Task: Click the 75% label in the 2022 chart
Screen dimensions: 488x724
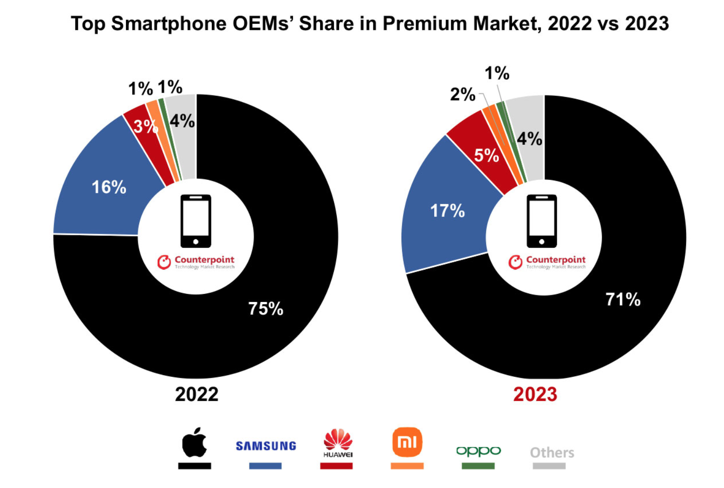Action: [266, 309]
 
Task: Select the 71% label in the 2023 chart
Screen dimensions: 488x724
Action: [623, 300]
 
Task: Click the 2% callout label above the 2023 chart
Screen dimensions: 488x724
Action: [463, 94]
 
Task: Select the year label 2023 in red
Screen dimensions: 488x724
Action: [535, 394]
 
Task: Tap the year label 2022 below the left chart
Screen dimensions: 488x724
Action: [197, 394]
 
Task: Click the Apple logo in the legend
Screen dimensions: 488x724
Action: [195, 442]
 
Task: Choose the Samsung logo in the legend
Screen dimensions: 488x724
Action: [266, 446]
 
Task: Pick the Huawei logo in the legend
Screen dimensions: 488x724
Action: [338, 443]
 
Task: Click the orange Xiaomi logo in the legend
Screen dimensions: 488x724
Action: [407, 442]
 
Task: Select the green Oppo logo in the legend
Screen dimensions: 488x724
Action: [478, 451]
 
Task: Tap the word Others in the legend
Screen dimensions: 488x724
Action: [552, 452]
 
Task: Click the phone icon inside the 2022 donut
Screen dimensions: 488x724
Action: [196, 221]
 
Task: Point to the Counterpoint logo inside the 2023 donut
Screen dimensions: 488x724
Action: [547, 262]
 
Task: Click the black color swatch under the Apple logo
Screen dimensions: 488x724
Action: [195, 466]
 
